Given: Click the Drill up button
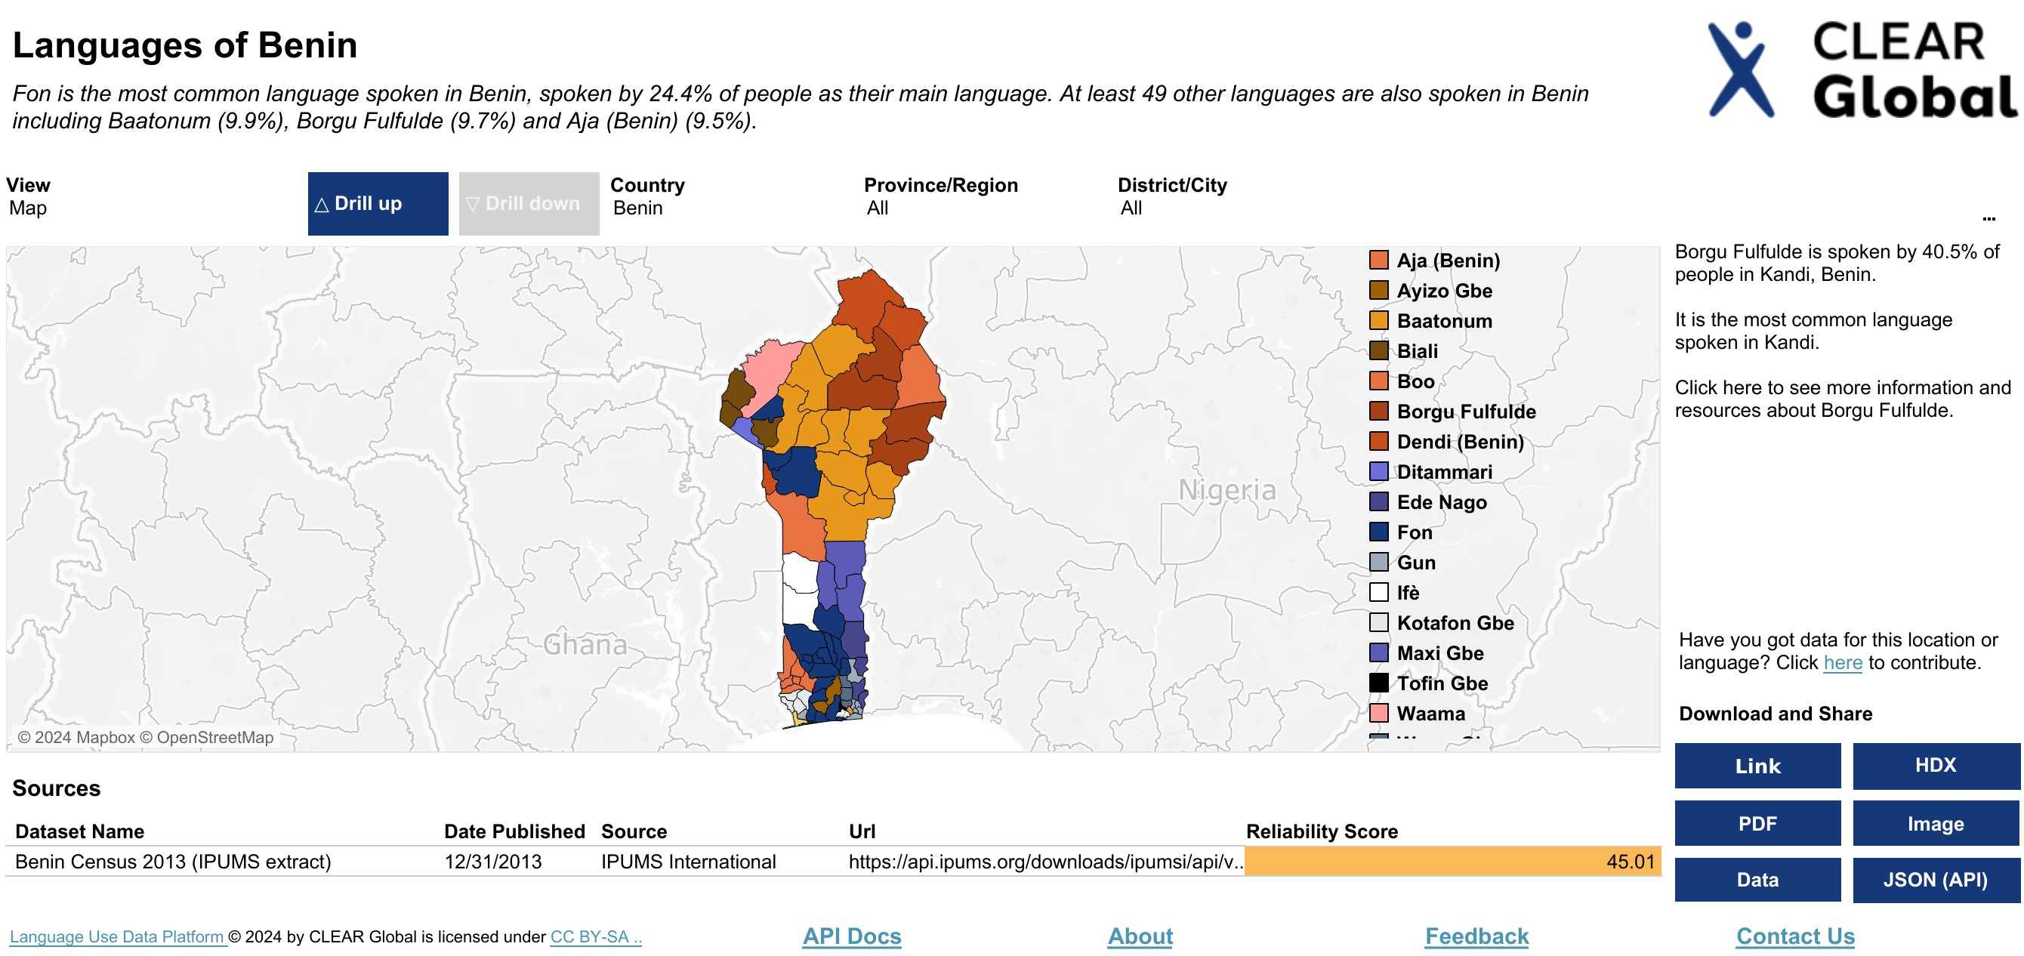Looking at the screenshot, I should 377,203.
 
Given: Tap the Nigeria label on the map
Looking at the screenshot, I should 1226,490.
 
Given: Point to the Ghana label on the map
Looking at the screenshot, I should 585,645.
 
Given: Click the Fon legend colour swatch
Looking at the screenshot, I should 1378,532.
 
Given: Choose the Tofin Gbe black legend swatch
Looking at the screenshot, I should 1378,683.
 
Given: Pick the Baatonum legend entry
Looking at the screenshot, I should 1443,320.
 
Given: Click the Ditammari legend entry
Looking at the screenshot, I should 1443,471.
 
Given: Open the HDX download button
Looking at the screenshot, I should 1935,765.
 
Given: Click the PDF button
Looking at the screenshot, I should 1757,823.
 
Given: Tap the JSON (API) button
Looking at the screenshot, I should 1935,880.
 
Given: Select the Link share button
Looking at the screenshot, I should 1757,765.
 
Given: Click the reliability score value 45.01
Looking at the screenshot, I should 1630,862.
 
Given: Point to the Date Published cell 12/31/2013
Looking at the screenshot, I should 492,862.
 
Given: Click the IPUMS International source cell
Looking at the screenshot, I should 687,862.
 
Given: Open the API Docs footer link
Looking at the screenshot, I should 851,936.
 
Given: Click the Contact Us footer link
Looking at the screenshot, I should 1794,936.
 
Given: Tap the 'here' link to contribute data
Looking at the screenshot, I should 1842,663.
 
